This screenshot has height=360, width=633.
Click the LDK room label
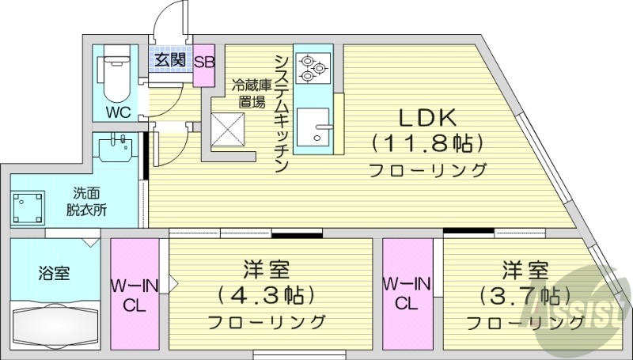click(x=426, y=118)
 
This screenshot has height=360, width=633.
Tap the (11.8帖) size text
click(x=426, y=143)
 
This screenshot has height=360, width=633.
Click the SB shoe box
click(x=203, y=60)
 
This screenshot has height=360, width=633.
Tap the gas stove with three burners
click(x=312, y=67)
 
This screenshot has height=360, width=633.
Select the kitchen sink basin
click(x=320, y=131)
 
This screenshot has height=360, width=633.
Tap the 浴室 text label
click(x=54, y=274)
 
